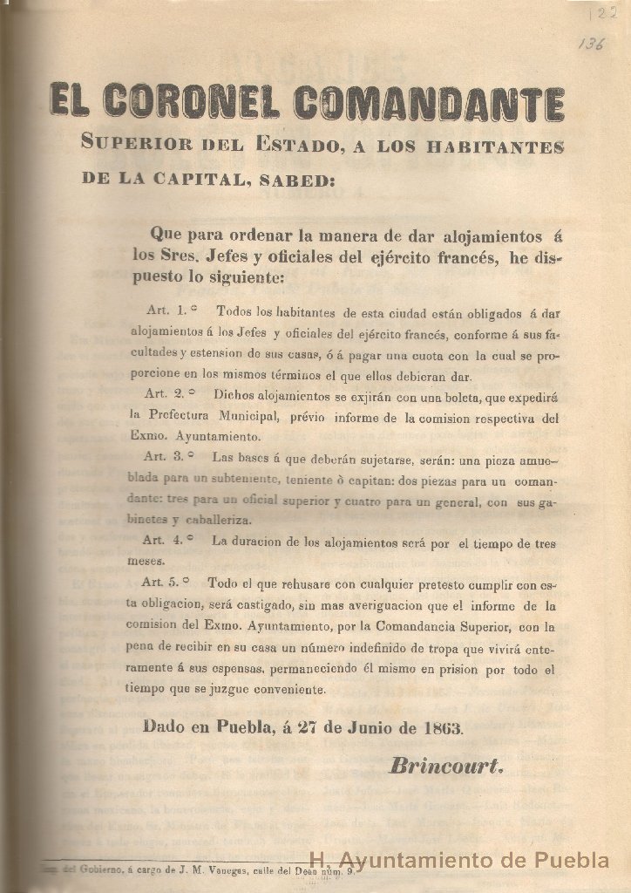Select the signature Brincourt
[446, 767]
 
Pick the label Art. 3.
[166, 456]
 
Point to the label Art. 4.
[163, 540]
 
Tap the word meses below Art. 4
[146, 562]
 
